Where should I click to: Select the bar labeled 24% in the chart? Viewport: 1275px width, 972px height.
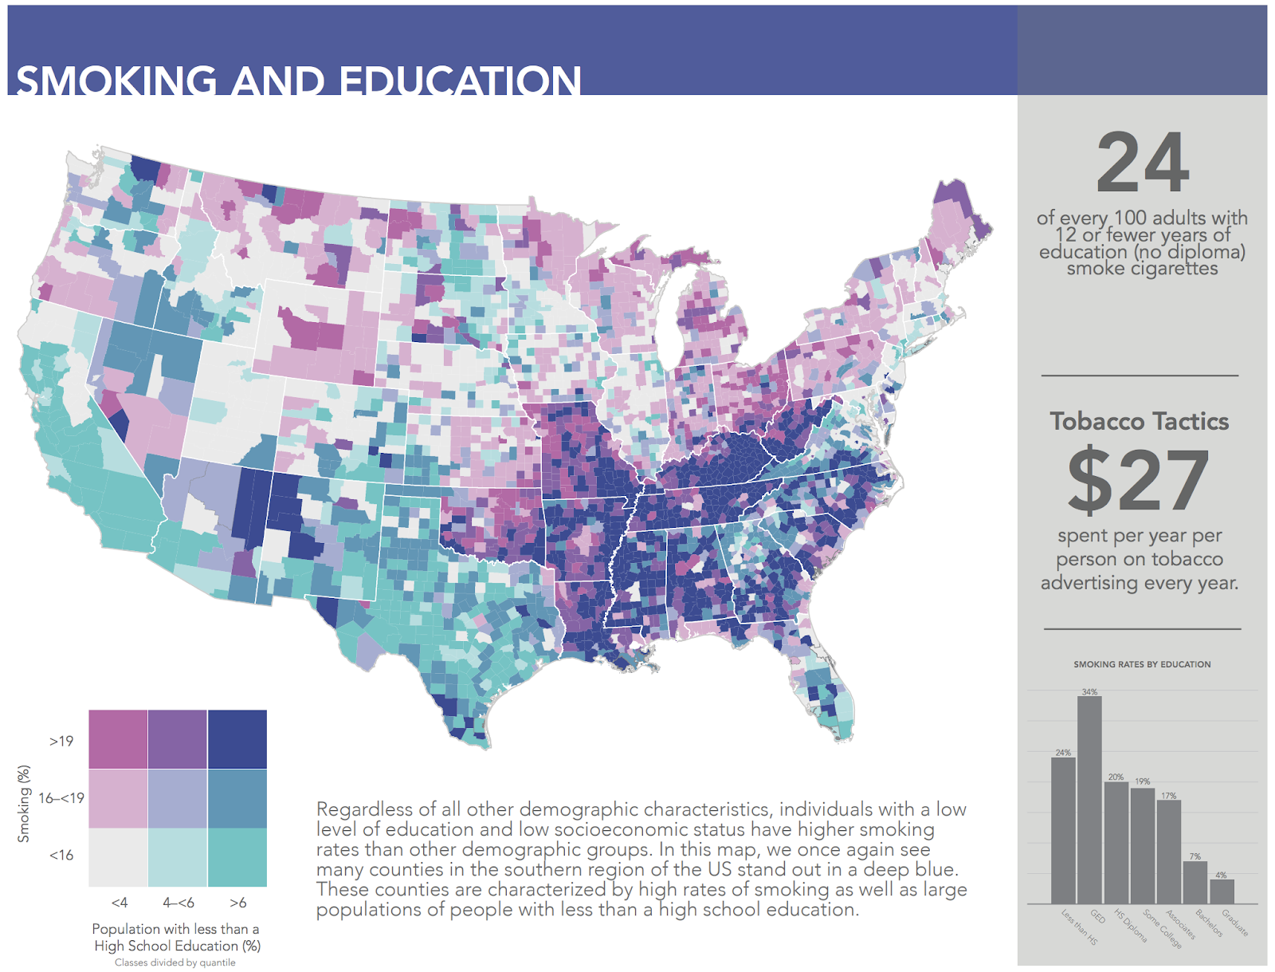(x=1063, y=830)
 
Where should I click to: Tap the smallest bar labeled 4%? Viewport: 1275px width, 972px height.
(x=1221, y=891)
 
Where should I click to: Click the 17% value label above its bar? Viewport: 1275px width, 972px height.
(x=1168, y=796)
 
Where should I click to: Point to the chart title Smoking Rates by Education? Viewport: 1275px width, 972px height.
(x=1142, y=664)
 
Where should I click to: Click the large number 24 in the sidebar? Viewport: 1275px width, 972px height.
(x=1143, y=164)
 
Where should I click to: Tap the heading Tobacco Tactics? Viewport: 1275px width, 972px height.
(x=1139, y=422)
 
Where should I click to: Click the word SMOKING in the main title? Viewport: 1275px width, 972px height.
(x=116, y=82)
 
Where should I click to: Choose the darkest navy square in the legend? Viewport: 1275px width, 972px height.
(x=237, y=739)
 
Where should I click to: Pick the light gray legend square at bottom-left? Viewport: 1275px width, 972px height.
(x=118, y=857)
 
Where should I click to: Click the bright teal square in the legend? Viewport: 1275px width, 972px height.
(x=237, y=857)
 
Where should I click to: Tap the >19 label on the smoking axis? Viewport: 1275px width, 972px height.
(x=61, y=742)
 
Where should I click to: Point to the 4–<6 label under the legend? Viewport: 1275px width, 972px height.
(x=178, y=903)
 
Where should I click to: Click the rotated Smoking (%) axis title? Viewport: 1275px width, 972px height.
(x=24, y=804)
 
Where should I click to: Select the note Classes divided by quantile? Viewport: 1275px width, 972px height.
(x=175, y=962)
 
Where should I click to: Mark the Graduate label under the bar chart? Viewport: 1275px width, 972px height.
(x=1235, y=923)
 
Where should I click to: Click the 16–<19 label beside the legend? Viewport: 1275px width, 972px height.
(x=61, y=798)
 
